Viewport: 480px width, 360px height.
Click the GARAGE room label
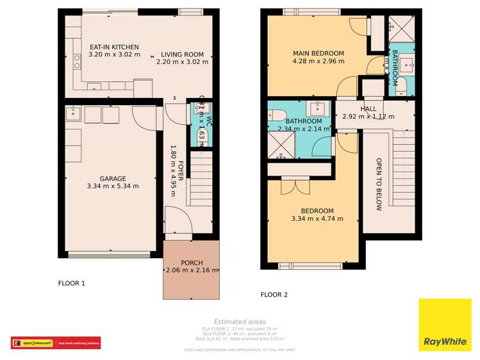(x=112, y=179)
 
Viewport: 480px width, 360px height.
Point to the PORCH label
(x=192, y=262)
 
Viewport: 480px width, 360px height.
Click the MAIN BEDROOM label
(x=318, y=53)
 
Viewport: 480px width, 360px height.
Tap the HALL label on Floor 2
(x=368, y=109)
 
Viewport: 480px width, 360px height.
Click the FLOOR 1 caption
(x=71, y=282)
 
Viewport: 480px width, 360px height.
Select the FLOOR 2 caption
(x=274, y=295)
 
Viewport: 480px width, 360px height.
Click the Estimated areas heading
(x=240, y=322)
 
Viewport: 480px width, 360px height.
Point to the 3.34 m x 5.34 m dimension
(x=112, y=186)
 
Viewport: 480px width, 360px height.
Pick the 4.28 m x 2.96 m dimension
(x=318, y=61)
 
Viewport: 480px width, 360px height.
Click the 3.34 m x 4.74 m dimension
(x=317, y=218)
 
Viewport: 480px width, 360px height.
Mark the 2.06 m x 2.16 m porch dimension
(x=192, y=270)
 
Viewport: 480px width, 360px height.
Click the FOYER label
(x=181, y=171)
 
